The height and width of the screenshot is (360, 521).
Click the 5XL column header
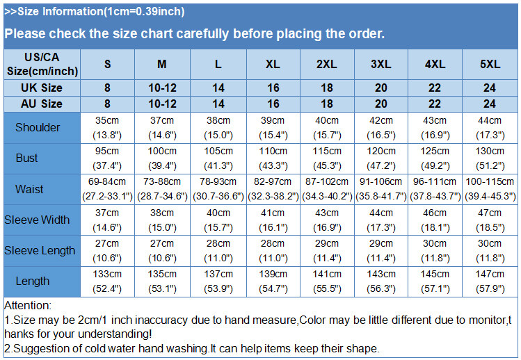tap(490, 64)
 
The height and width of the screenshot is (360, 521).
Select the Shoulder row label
tap(38, 127)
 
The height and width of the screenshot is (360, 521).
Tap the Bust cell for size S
tap(107, 158)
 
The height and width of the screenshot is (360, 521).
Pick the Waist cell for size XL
tap(273, 188)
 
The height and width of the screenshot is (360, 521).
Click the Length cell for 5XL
tap(490, 281)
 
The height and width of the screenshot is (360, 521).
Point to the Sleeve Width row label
tap(38, 220)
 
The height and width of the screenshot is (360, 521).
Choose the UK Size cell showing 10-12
tap(161, 88)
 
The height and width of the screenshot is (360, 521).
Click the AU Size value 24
tap(490, 104)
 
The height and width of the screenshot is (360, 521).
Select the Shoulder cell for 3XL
tap(380, 127)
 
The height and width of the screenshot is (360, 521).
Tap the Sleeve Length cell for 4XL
tap(435, 250)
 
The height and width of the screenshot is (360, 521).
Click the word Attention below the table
tap(28, 305)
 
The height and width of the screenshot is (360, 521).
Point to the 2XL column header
tap(326, 64)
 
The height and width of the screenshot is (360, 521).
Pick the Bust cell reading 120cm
tap(380, 158)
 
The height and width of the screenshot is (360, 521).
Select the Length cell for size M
tap(161, 281)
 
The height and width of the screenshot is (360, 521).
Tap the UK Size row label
tap(42, 88)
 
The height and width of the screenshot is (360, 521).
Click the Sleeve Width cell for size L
tap(218, 220)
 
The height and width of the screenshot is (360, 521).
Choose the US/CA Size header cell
tap(42, 64)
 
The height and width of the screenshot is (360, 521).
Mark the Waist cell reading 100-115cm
tap(490, 188)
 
